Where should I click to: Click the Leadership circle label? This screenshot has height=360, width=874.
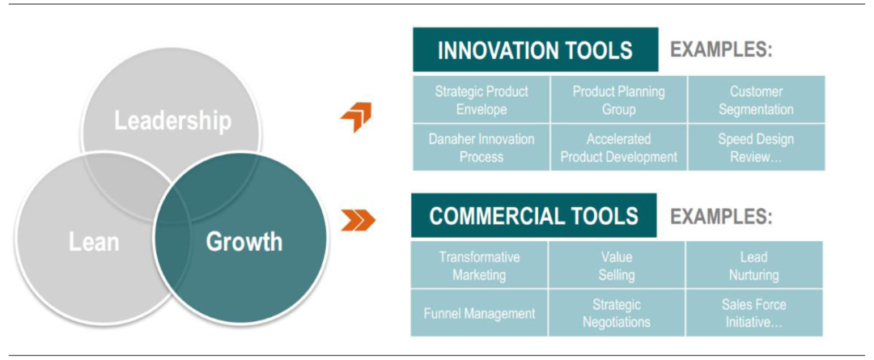coord(173,121)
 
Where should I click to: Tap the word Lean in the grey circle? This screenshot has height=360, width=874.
coord(94,243)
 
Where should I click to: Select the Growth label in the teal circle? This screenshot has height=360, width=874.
coord(244,242)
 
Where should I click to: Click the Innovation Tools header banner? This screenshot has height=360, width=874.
coord(535,50)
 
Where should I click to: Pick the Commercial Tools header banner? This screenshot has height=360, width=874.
coord(533,216)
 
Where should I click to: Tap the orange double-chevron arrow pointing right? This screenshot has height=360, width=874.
coord(358,220)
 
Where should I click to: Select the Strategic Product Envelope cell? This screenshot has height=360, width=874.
coord(482,100)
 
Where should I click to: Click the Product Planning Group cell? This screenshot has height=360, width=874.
coord(619,100)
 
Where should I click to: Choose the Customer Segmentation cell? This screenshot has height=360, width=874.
coord(757,100)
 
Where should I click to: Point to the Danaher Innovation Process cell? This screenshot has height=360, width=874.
coord(482,148)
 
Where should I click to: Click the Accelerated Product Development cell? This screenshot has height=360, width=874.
coord(619,148)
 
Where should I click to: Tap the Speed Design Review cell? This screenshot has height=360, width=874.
coord(757,148)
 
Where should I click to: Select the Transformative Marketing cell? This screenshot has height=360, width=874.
coord(479,265)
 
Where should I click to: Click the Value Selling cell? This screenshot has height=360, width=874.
coord(617,265)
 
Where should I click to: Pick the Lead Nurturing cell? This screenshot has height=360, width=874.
coord(754,265)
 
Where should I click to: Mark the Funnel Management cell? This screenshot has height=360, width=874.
coord(479,312)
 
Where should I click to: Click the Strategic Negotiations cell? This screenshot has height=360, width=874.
coord(617,312)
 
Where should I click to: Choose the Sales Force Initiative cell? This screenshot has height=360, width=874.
coord(754,312)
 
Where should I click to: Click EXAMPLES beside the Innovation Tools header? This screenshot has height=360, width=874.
coord(721,50)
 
